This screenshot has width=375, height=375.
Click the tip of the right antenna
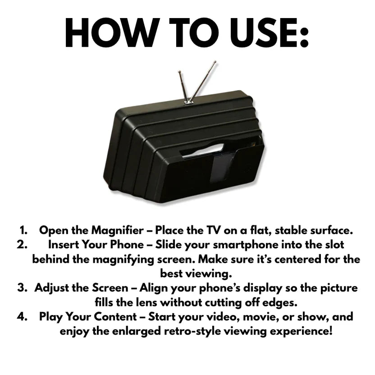click(x=213, y=64)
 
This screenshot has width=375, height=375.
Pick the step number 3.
click(x=23, y=288)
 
